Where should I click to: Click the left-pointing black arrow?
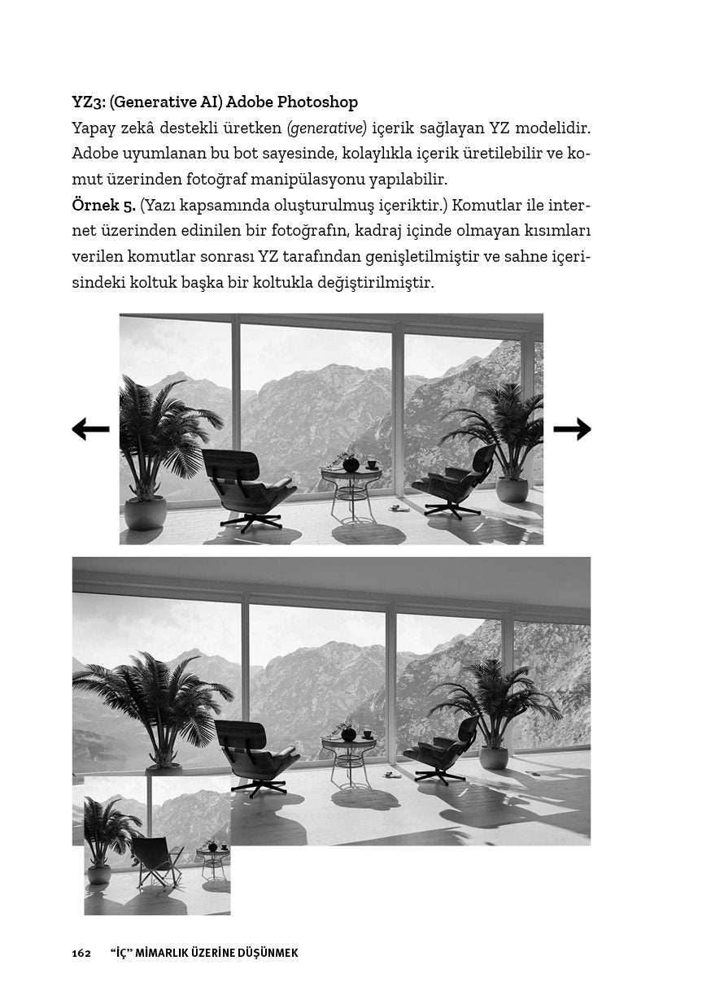pos(90,429)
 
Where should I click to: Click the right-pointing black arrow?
pos(572,428)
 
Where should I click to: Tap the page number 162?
pos(81,953)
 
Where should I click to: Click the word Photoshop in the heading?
pos(317,102)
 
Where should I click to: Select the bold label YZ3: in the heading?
pos(89,102)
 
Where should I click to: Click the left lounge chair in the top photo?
pos(244,488)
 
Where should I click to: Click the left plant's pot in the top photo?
pos(146,513)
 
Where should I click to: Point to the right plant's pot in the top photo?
pos(512,489)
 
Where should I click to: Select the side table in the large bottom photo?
pos(349,755)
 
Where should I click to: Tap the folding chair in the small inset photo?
pos(155,862)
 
